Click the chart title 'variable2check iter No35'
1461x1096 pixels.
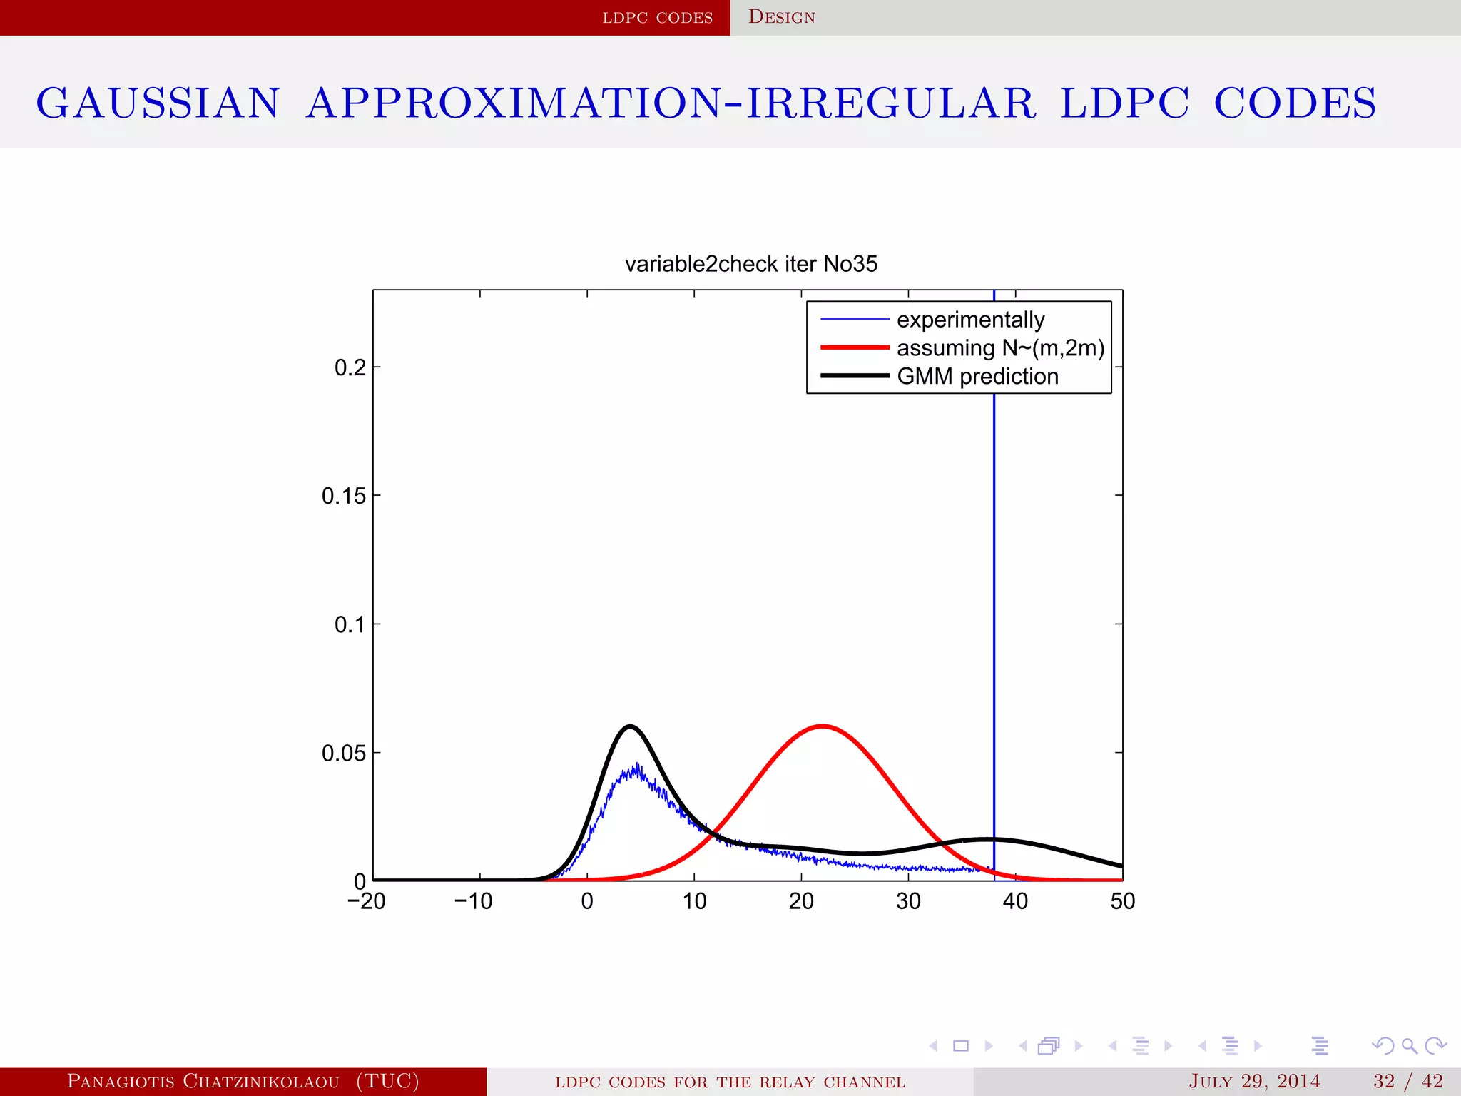pos(750,264)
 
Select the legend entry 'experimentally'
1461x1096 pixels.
pos(970,320)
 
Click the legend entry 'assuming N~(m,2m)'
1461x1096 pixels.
pos(1000,348)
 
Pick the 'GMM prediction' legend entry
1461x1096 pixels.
pos(977,376)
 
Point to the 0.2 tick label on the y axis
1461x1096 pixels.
pos(350,367)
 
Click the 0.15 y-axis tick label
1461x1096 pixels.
pos(343,496)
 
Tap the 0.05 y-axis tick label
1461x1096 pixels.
pos(343,753)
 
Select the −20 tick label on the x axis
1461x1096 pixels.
pos(366,901)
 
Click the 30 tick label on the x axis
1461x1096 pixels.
pos(908,901)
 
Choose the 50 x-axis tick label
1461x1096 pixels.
pos(1122,901)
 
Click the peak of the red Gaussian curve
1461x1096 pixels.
pos(823,726)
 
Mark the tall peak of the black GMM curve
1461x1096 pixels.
pos(630,726)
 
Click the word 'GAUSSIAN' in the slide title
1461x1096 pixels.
pos(158,103)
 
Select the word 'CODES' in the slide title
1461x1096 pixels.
pos(1295,103)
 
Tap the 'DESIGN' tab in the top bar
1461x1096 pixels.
pos(781,17)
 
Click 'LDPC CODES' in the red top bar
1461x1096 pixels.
pos(657,17)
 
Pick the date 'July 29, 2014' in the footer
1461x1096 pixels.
pos(1254,1081)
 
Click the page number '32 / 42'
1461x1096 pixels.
pos(1407,1081)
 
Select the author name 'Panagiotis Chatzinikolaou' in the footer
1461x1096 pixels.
pos(203,1081)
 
